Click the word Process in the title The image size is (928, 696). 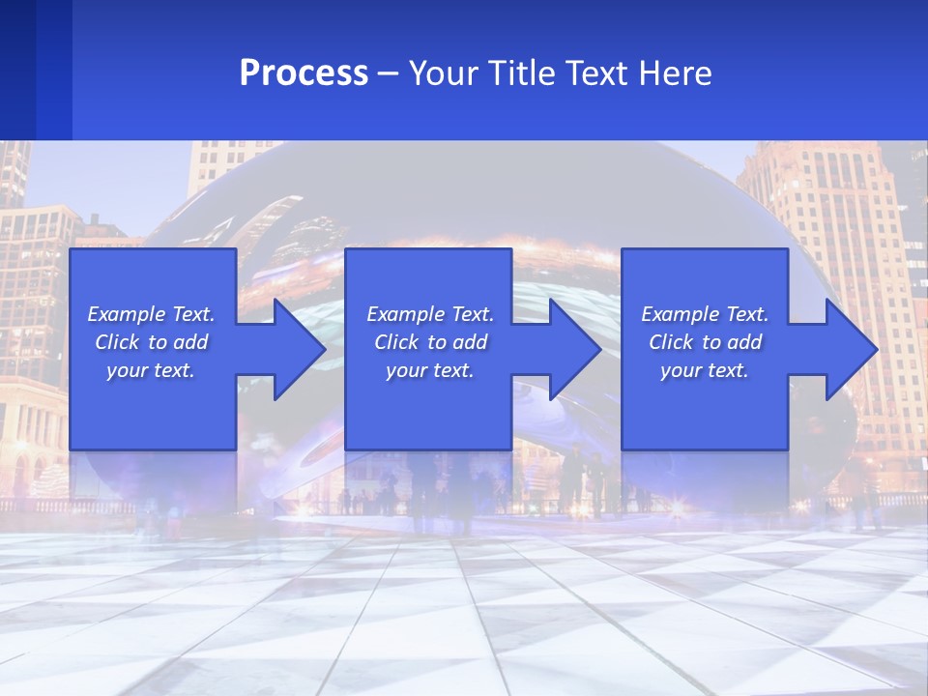pyautogui.click(x=304, y=73)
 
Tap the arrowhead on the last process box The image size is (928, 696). pyautogui.click(x=850, y=349)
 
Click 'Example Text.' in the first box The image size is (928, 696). pyautogui.click(x=151, y=314)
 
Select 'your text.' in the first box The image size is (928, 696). pyautogui.click(x=151, y=370)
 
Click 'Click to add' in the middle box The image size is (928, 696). pyautogui.click(x=430, y=342)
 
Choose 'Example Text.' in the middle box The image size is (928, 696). pyautogui.click(x=430, y=314)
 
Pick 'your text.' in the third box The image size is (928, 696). pyautogui.click(x=705, y=370)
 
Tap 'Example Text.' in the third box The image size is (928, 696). pyautogui.click(x=705, y=314)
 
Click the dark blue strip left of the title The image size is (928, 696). pyautogui.click(x=35, y=70)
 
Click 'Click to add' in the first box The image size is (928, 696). pyautogui.click(x=151, y=342)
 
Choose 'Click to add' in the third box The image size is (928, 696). pyautogui.click(x=705, y=342)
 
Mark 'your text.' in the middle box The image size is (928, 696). pyautogui.click(x=430, y=370)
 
